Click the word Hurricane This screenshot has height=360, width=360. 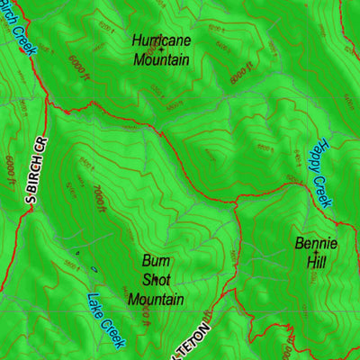point(161,40)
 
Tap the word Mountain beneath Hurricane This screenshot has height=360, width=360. point(161,60)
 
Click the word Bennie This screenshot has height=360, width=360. point(315,243)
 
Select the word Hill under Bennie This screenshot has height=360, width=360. point(315,262)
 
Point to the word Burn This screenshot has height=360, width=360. point(156,262)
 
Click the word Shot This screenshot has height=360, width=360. point(156,280)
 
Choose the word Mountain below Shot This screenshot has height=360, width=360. point(156,299)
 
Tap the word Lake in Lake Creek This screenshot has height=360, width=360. point(97,304)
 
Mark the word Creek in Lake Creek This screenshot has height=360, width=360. point(112,332)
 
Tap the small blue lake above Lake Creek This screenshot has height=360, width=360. point(93,268)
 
